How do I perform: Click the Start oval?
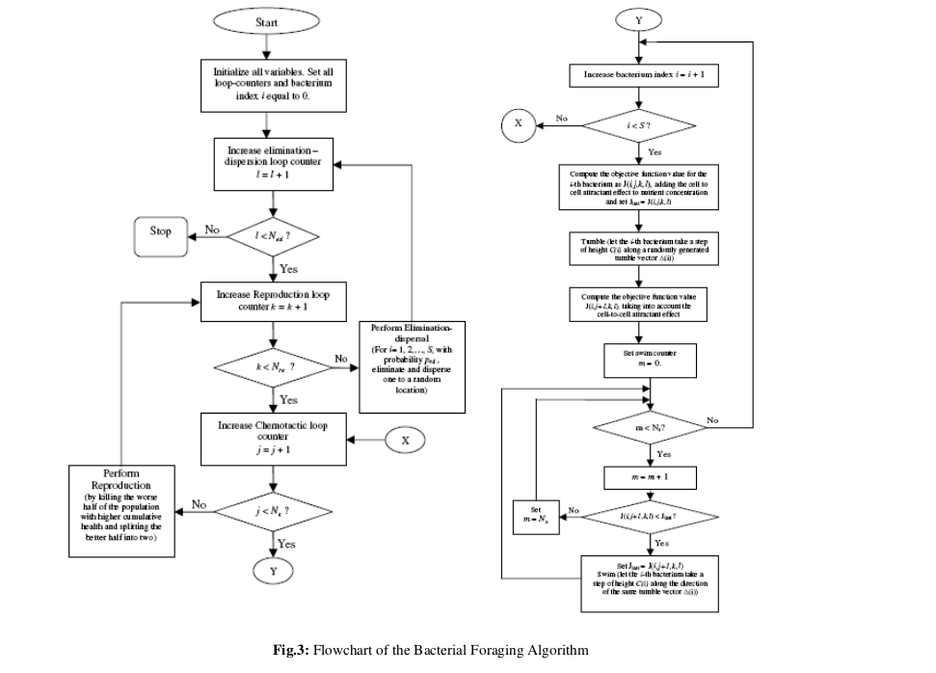(x=267, y=21)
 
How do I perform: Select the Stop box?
(x=161, y=232)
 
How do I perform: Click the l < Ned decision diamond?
(x=273, y=234)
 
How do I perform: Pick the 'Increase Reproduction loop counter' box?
(x=274, y=301)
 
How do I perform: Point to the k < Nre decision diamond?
(x=275, y=367)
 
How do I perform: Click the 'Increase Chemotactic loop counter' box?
(x=274, y=438)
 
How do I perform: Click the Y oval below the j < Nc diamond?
(x=274, y=572)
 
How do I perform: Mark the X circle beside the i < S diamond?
(x=518, y=124)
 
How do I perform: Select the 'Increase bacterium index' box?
(x=636, y=74)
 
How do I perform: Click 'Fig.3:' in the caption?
(x=292, y=651)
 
